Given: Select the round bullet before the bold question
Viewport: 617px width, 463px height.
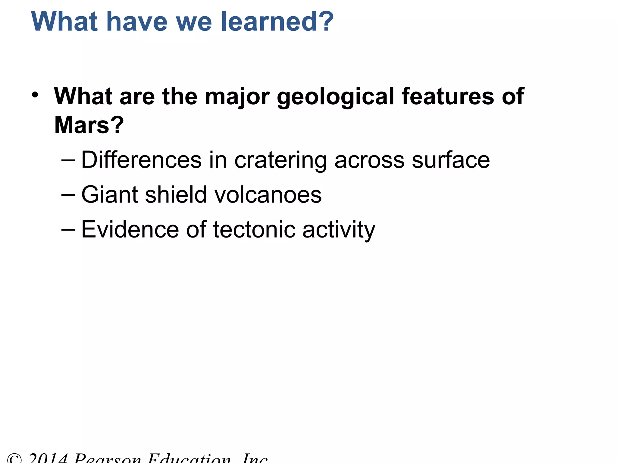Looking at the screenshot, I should point(35,95).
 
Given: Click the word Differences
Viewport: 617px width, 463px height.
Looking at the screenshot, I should point(141,160).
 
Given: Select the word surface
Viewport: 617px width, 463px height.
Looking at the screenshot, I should point(451,160).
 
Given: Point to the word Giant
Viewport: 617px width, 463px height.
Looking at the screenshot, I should point(109,195).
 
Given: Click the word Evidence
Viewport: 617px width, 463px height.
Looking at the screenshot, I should point(130,229).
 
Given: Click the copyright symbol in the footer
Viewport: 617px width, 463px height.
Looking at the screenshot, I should point(14,459).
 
